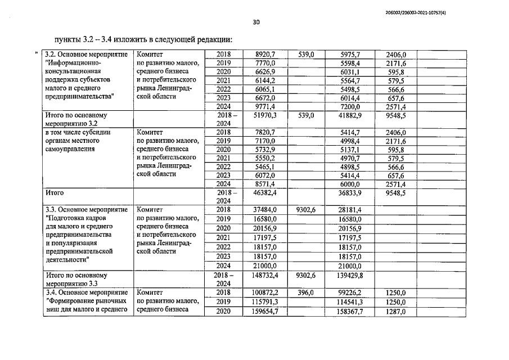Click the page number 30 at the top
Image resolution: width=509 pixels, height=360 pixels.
(256, 22)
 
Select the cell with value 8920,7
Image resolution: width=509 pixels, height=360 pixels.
(264, 55)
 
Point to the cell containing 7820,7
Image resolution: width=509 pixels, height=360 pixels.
(264, 132)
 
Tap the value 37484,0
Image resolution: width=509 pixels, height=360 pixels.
(264, 210)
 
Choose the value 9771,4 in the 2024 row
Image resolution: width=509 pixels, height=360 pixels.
(264, 106)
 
